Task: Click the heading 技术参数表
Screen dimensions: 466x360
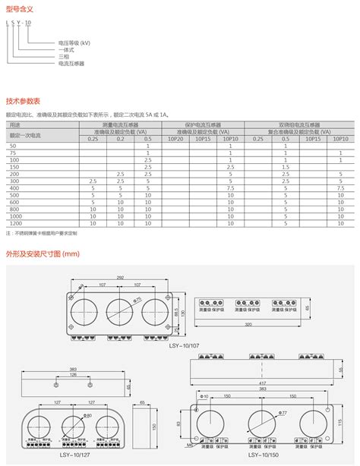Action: pos(24,101)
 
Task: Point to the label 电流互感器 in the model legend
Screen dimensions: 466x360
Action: pos(71,64)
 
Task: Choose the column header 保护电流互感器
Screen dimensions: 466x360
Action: pos(203,124)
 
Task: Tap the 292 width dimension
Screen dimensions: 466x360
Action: pos(121,279)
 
